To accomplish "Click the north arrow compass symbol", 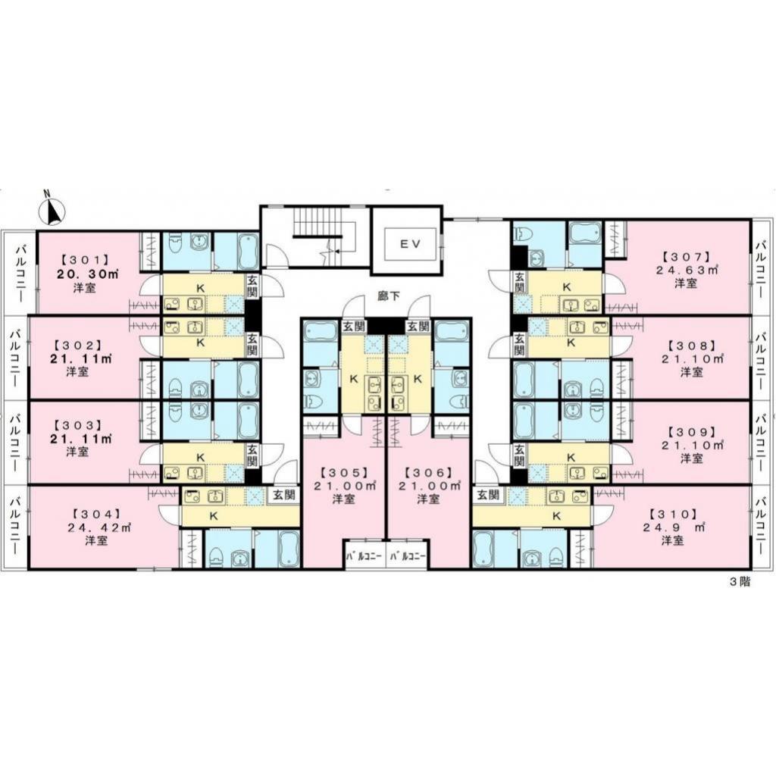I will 52,211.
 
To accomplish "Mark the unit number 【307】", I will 684,255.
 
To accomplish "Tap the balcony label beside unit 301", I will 19,271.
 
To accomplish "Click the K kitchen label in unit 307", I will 566,287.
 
